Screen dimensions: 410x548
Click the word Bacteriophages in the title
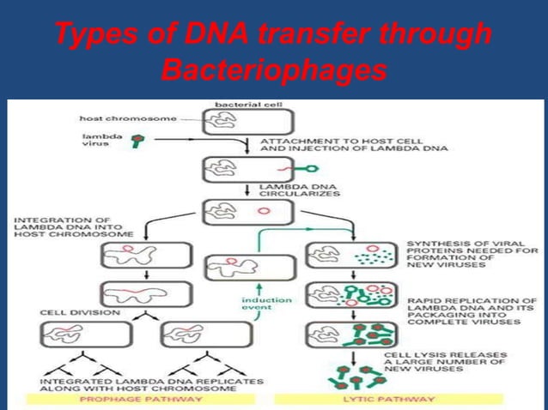(x=273, y=70)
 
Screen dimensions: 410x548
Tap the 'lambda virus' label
(x=95, y=138)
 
